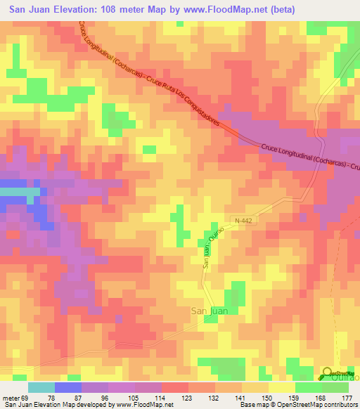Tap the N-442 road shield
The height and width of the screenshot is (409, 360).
243,221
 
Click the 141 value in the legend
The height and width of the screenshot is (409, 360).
241,398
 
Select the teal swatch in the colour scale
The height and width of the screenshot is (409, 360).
41,387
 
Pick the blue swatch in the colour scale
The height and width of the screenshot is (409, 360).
68,387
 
